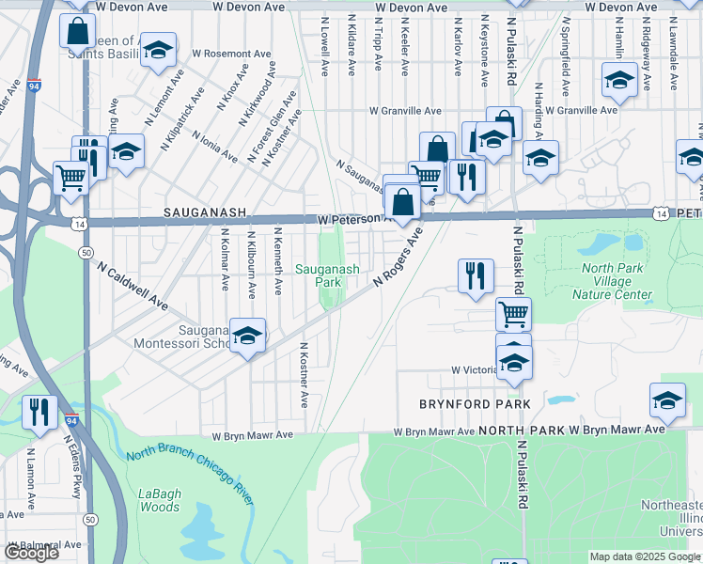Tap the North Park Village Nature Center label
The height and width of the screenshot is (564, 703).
tap(617, 281)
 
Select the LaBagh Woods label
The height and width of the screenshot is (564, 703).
tap(159, 500)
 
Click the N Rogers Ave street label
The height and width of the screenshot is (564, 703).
tap(398, 255)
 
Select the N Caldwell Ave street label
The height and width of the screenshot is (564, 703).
tap(132, 286)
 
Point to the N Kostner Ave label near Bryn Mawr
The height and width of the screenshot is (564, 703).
tap(305, 374)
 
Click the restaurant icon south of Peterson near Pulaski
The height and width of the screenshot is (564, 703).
tap(476, 275)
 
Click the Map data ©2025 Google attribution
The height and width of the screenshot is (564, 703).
tap(645, 557)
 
